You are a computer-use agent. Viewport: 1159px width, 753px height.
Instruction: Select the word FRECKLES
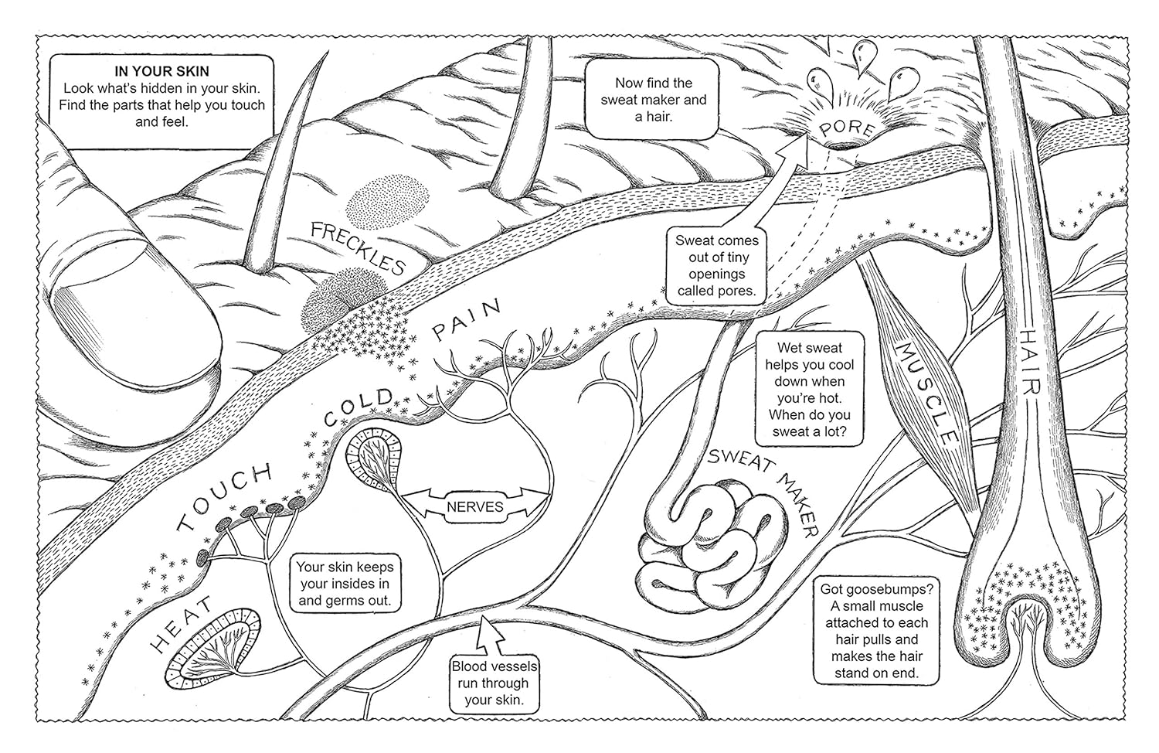[x=357, y=247]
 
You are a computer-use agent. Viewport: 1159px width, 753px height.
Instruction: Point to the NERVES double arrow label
[x=474, y=508]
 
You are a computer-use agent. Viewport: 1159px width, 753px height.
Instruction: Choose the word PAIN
[x=467, y=322]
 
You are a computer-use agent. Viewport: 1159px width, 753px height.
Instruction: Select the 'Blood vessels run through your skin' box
[x=495, y=683]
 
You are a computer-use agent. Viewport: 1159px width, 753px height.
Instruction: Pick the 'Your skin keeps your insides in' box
[x=343, y=584]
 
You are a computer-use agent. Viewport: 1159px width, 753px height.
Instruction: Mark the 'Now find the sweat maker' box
[x=654, y=100]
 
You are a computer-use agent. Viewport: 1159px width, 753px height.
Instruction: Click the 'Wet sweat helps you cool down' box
[x=809, y=389]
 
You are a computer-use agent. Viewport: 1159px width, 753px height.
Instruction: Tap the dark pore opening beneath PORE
[x=842, y=145]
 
